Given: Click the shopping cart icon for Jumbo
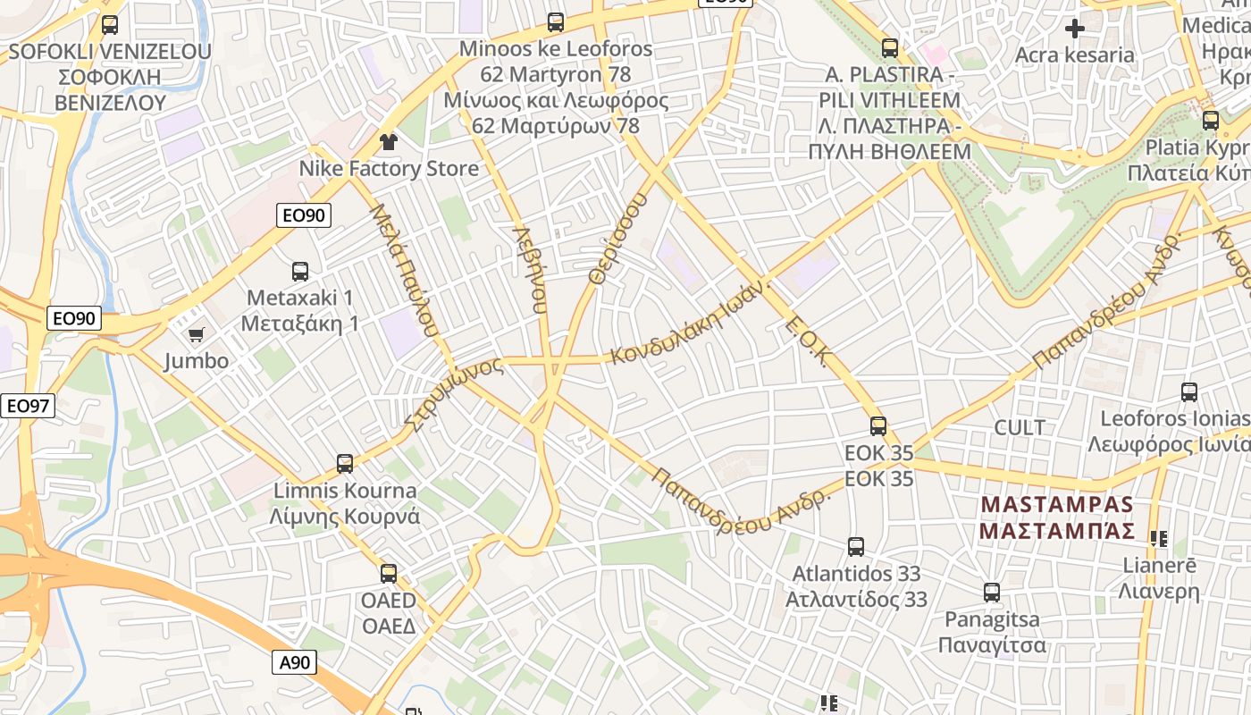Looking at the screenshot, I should click(196, 334).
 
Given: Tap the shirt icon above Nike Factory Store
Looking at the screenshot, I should click(388, 141).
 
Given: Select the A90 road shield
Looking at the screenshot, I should click(294, 662).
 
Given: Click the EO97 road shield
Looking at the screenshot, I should click(27, 406).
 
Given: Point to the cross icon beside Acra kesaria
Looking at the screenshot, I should click(1074, 29).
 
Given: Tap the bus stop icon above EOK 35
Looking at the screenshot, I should click(878, 426).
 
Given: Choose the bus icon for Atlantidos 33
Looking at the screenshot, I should click(856, 546).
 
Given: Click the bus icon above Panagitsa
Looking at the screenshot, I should click(992, 592).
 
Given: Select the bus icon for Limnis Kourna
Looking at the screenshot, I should click(345, 463).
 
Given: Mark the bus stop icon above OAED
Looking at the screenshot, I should click(389, 573).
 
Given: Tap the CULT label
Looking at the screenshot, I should click(1020, 427).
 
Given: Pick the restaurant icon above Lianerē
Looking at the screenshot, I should click(1159, 538).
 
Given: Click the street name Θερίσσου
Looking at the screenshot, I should click(617, 236).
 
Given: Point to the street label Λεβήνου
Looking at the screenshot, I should click(529, 267).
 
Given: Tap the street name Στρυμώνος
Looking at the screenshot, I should click(453, 393).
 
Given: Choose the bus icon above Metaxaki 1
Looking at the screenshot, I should click(300, 271).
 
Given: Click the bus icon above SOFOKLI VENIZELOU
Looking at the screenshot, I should click(110, 25).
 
